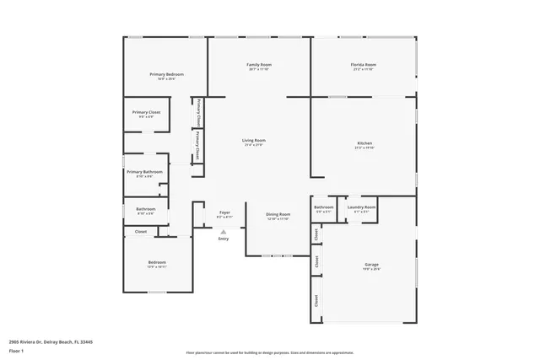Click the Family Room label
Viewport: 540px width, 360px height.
259,65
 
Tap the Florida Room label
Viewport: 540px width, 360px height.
364,65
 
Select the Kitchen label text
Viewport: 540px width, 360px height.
364,143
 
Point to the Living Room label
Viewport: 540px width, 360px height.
254,140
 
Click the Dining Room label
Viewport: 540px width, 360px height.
278,214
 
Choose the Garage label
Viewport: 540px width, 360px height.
371,265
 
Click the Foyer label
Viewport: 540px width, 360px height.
224,212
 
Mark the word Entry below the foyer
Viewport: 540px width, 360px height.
224,239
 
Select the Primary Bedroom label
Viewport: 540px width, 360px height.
166,74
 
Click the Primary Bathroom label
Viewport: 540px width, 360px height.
145,172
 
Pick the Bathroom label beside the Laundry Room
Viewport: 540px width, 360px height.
324,207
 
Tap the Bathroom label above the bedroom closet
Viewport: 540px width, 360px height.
146,209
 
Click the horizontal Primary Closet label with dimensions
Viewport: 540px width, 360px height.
146,112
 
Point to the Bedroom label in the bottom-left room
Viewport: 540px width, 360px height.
157,262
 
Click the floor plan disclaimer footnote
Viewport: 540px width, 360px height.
270,353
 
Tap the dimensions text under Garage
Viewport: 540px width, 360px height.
371,270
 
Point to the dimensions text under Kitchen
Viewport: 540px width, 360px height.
364,148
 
